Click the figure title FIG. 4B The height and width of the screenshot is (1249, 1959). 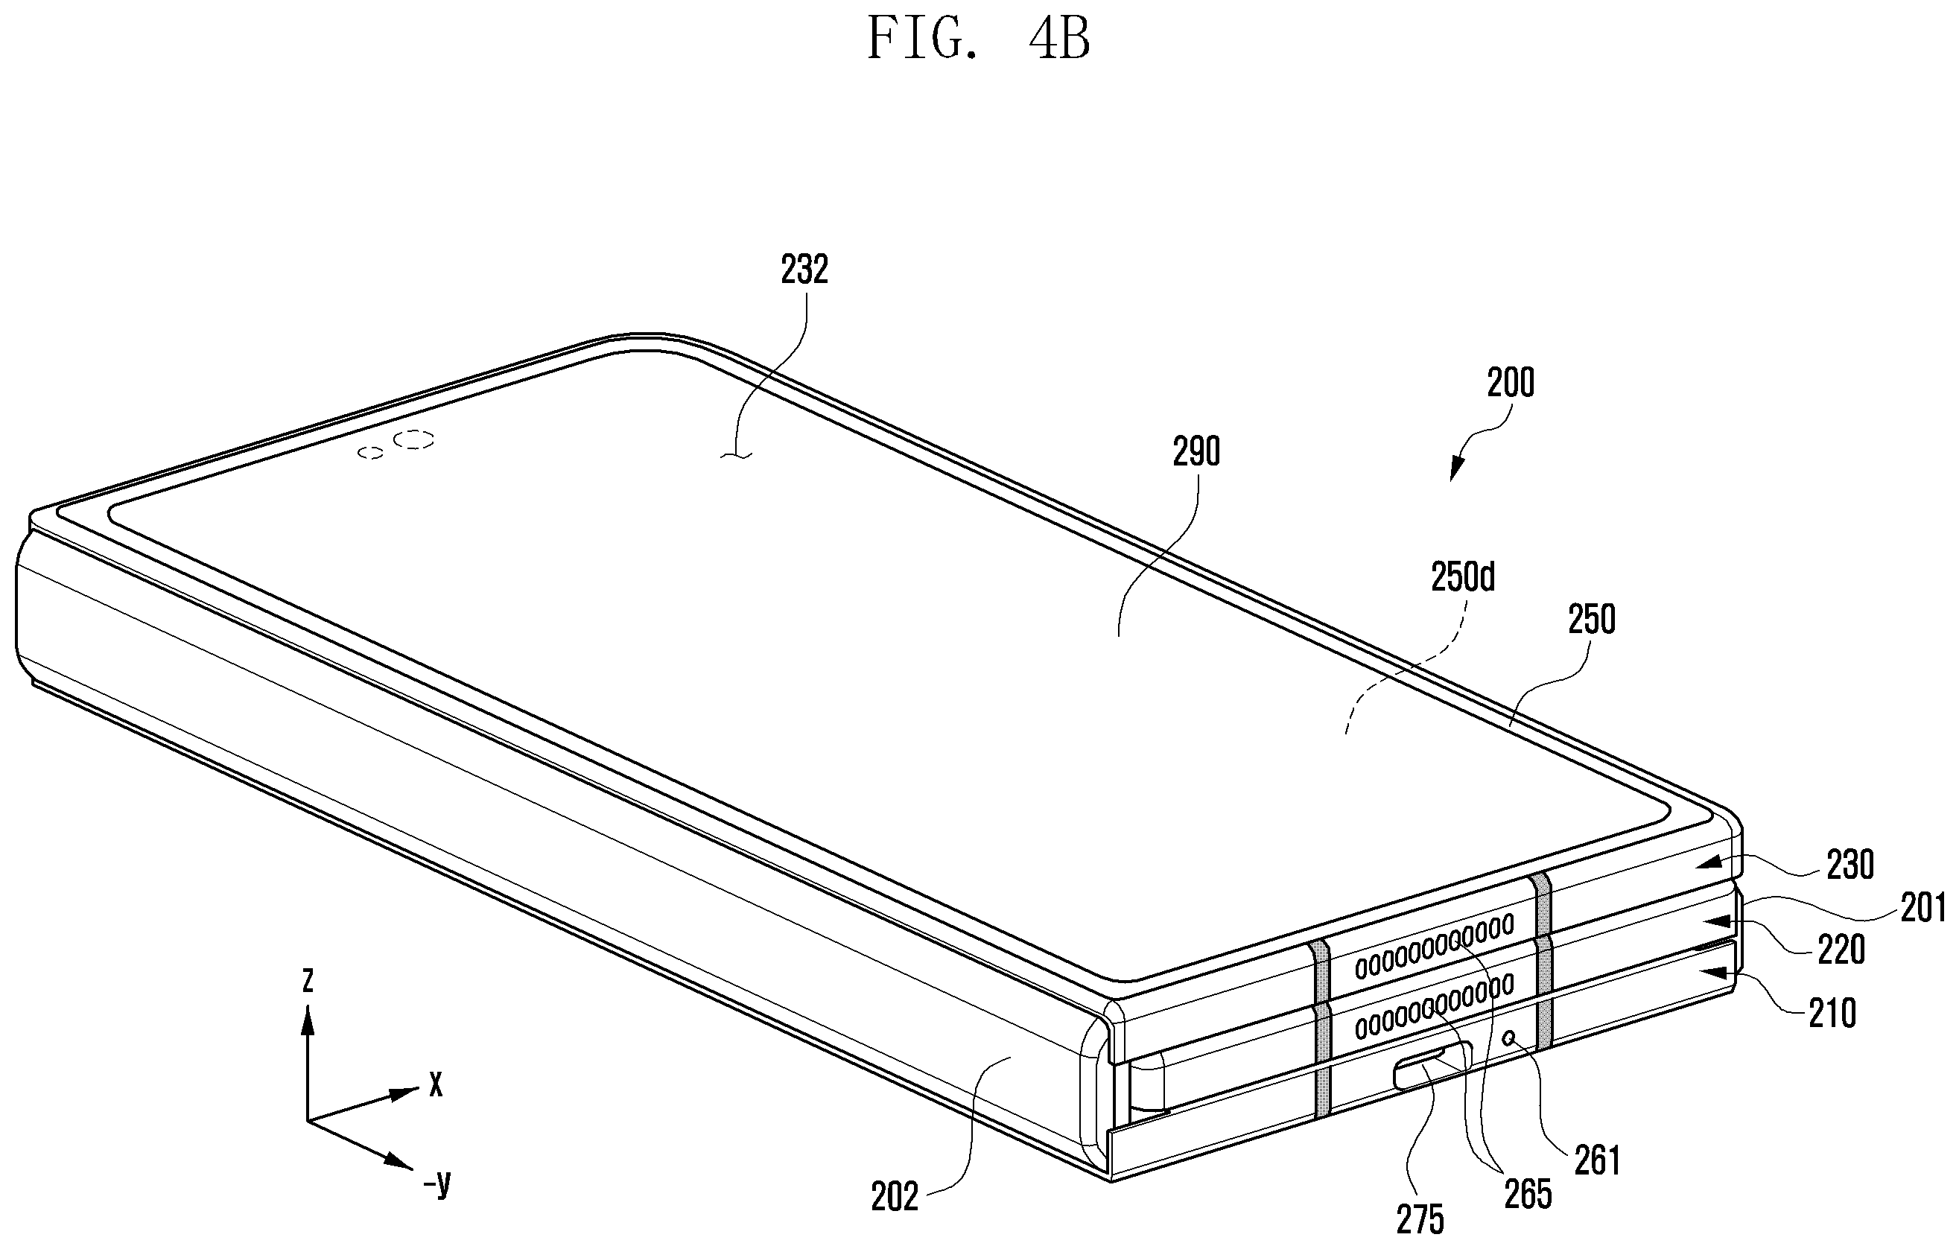(x=979, y=38)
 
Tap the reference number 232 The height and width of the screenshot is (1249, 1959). (x=804, y=270)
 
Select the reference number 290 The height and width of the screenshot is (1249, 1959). (x=1196, y=451)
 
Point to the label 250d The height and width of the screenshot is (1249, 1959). (x=1463, y=577)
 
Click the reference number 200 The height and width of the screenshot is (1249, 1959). (x=1511, y=382)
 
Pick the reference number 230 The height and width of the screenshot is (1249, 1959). (x=1850, y=865)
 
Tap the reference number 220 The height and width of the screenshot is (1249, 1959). (x=1841, y=950)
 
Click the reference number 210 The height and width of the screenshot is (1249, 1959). (x=1832, y=1013)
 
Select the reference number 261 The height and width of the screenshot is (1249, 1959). (x=1598, y=1161)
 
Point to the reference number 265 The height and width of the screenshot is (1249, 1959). (x=1528, y=1194)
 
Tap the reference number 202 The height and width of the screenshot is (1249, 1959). (x=894, y=1196)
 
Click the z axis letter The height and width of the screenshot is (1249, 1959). (x=308, y=979)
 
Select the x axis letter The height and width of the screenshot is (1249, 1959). (x=436, y=1083)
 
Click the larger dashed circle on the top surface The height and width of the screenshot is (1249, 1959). (x=413, y=439)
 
